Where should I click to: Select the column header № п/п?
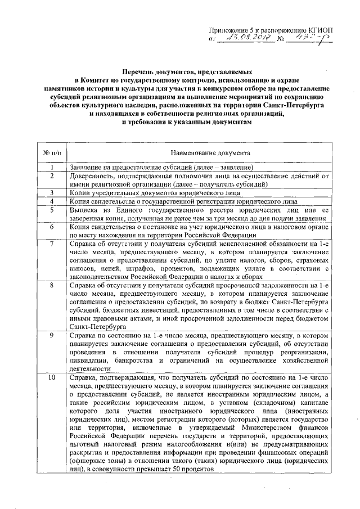point(52,152)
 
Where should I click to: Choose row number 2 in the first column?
point(52,175)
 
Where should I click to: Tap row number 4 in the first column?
point(52,201)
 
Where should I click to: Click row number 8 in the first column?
point(52,285)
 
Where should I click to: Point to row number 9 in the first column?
point(52,335)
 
